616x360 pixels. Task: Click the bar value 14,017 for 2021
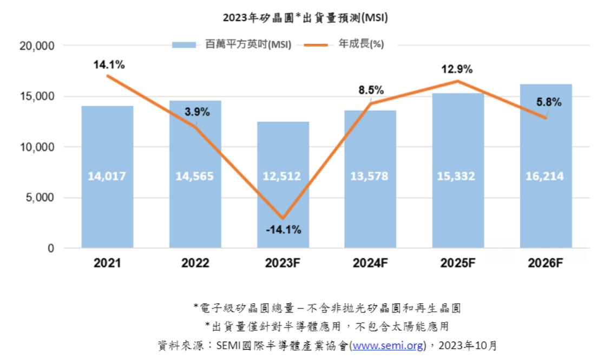[107, 176]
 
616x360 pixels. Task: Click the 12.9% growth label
[457, 69]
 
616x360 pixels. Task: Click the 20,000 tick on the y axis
[36, 46]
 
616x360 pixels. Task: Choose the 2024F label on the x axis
[370, 264]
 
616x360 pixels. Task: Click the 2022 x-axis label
[195, 264]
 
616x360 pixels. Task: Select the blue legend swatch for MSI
[184, 45]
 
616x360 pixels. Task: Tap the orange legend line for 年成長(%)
[316, 45]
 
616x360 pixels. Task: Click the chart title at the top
[305, 18]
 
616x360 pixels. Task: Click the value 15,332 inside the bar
[458, 176]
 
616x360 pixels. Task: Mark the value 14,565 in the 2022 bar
[195, 176]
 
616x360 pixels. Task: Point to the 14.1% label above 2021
[108, 65]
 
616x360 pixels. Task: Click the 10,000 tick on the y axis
[36, 147]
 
